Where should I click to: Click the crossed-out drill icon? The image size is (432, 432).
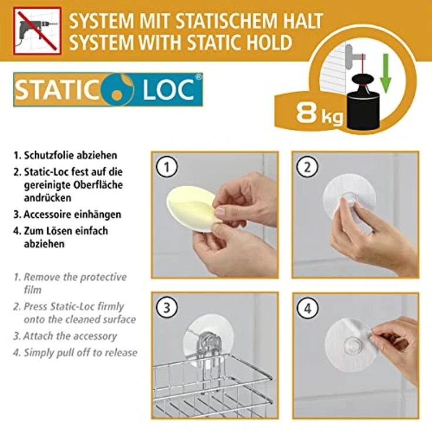pos(38,31)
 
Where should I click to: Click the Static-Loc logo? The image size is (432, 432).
pos(108,89)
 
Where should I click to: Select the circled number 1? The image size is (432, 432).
pos(166,167)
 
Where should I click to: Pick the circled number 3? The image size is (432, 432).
pos(166,307)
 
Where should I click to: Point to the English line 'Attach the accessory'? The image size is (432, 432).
pos(70,336)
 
